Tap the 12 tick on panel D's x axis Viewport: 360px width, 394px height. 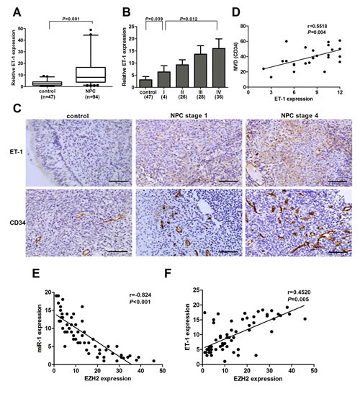(339, 94)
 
